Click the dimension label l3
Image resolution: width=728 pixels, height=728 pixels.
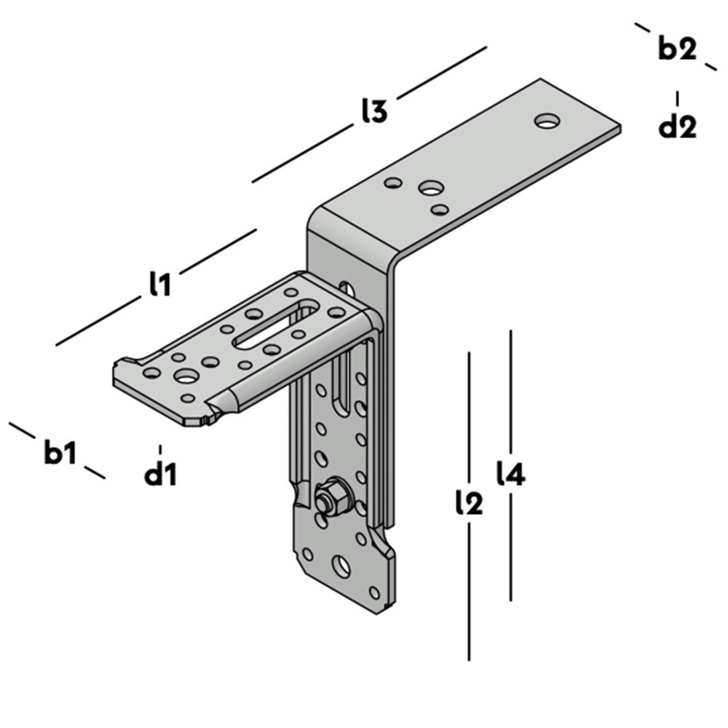tap(373, 111)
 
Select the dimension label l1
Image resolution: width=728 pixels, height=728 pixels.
tap(159, 284)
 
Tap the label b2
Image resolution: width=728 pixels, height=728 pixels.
tap(677, 49)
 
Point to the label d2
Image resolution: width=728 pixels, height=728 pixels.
tap(677, 127)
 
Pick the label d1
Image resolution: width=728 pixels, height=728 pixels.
tap(160, 475)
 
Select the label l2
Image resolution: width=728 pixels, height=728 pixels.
tap(468, 502)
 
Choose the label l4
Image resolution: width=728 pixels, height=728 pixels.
tap(510, 475)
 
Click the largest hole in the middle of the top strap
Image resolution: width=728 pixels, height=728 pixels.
tap(430, 189)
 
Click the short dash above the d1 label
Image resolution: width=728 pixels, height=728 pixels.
tap(160, 449)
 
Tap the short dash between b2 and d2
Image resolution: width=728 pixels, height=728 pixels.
tap(677, 98)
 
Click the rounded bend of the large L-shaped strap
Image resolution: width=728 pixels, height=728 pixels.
tap(320, 218)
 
